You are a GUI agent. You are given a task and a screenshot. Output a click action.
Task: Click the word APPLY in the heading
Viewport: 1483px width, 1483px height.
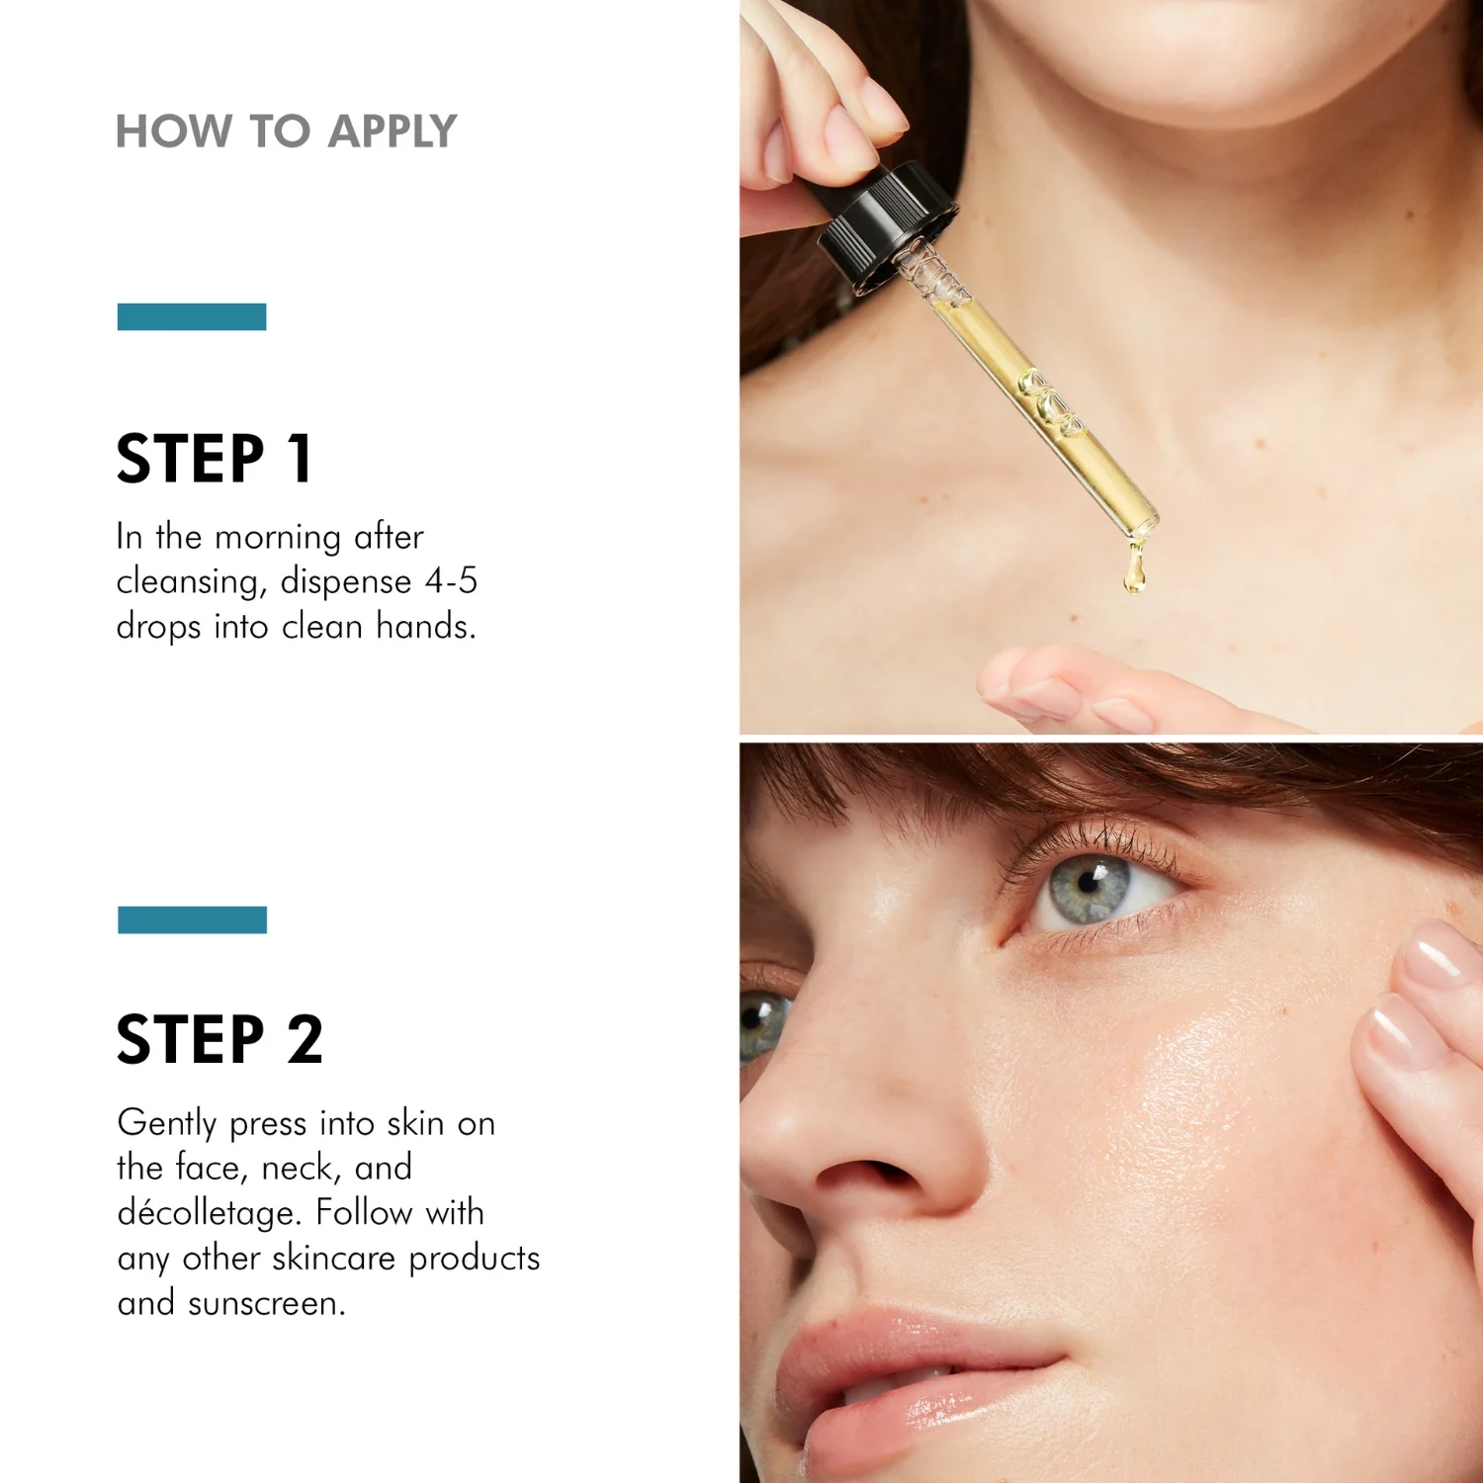point(393,131)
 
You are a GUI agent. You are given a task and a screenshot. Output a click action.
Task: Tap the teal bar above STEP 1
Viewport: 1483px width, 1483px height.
point(192,316)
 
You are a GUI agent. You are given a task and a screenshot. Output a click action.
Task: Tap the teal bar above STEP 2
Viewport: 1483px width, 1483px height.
point(192,919)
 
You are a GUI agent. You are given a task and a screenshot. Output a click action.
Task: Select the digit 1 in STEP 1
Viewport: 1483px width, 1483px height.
point(300,458)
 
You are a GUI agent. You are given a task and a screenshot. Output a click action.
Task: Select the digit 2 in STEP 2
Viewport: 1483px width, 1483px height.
point(305,1039)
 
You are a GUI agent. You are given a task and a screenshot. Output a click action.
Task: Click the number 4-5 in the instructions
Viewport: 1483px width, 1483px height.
point(451,580)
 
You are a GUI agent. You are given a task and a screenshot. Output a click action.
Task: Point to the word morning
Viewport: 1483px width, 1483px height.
point(278,537)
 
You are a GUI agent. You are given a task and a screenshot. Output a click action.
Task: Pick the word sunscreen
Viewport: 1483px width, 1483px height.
point(266,1303)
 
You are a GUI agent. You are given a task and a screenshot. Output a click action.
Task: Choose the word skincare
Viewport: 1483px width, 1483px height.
point(334,1258)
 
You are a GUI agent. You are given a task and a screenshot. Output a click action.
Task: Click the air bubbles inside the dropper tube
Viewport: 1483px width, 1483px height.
point(1052,403)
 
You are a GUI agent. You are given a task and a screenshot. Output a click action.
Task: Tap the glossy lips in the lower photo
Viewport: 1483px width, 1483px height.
point(910,1384)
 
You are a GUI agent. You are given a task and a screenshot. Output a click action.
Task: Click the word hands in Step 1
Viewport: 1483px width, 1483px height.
point(425,626)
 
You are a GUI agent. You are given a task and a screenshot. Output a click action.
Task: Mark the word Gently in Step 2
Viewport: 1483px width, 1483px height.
point(167,1124)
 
